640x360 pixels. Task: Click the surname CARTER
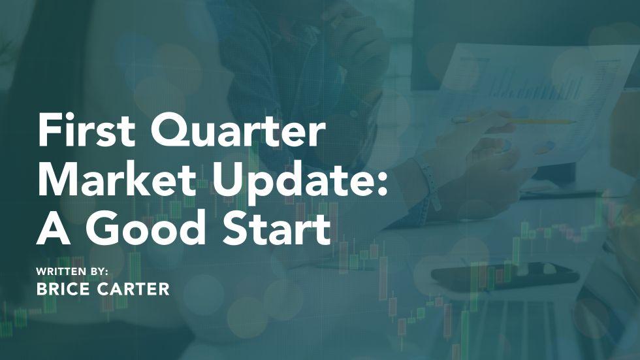click(136, 289)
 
